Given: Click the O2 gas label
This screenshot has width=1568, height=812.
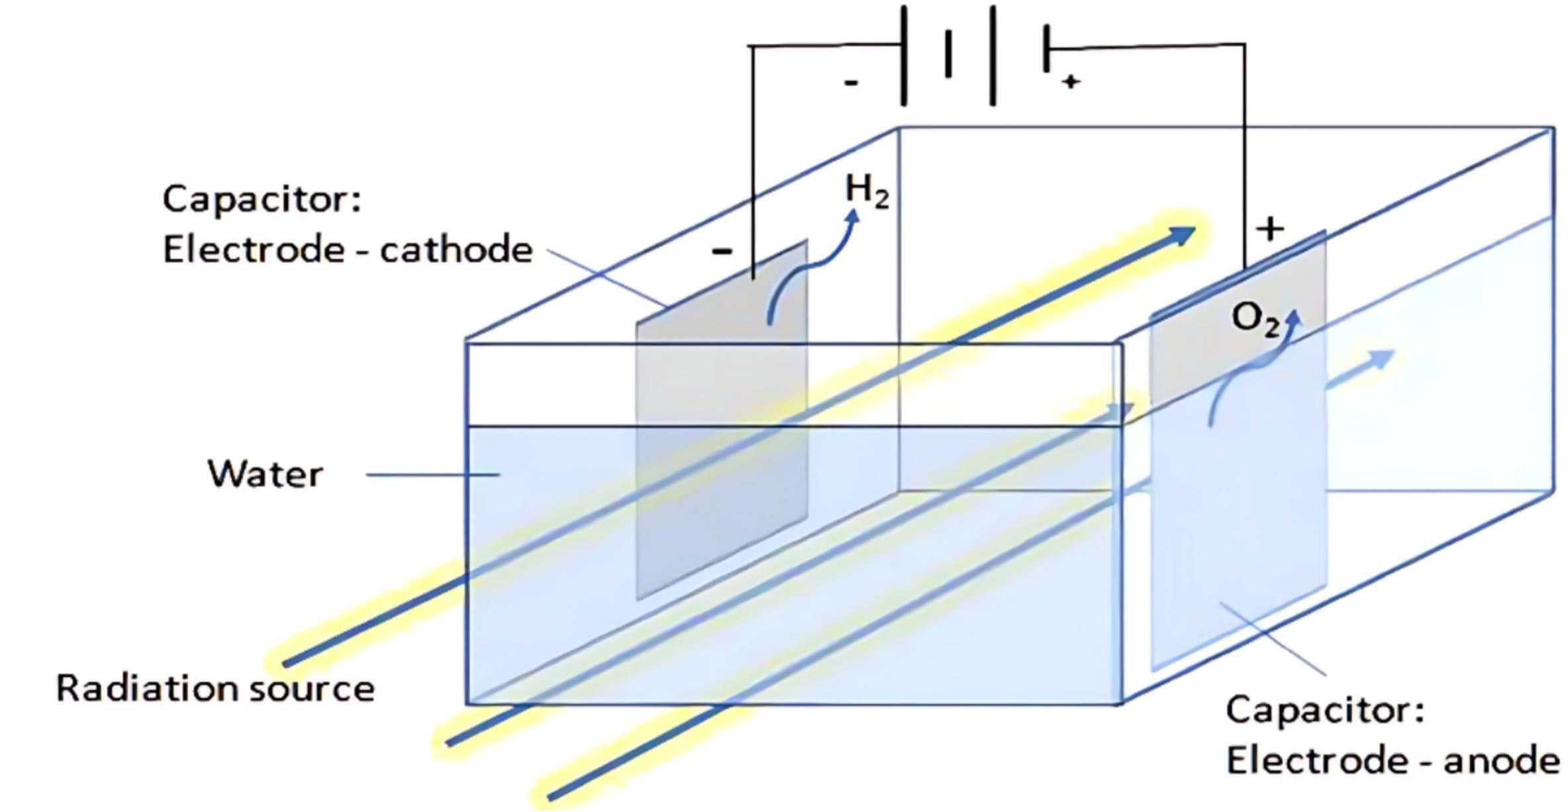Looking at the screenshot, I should pyautogui.click(x=1255, y=319).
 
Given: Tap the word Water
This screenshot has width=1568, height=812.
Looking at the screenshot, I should pyautogui.click(x=265, y=474).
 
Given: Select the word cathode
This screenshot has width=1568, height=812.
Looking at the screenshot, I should pyautogui.click(x=456, y=250).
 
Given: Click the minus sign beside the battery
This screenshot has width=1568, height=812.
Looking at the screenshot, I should pyautogui.click(x=852, y=83).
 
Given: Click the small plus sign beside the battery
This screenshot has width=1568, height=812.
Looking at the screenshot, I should pyautogui.click(x=1071, y=81).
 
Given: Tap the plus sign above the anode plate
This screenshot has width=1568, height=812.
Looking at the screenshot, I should pyautogui.click(x=1270, y=229).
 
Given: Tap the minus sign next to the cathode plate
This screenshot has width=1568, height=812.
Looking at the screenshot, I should pyautogui.click(x=722, y=251).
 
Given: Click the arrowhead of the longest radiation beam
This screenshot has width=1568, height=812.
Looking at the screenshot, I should pyautogui.click(x=1182, y=234).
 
